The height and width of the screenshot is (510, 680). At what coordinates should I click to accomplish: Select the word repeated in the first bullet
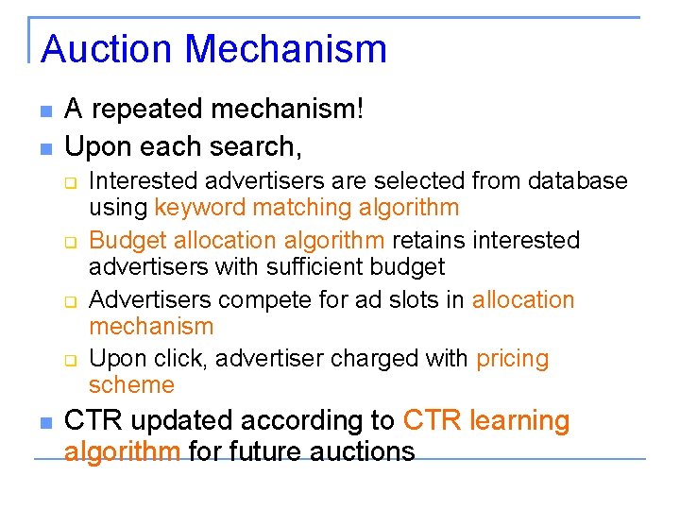point(146,110)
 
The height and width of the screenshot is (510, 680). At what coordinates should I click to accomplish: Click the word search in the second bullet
point(254,147)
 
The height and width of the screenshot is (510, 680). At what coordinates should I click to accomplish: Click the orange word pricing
point(513,360)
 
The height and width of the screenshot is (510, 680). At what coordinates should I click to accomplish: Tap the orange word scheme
point(131,385)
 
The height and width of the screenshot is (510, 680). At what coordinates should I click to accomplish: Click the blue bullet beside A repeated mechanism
point(43,112)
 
